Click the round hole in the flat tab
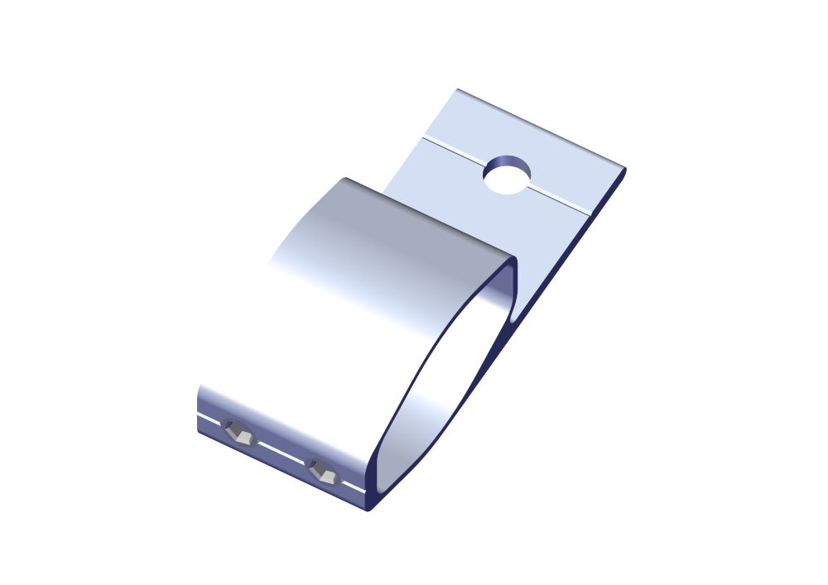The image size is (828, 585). pyautogui.click(x=508, y=175)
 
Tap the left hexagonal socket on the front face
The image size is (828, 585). pyautogui.click(x=241, y=432)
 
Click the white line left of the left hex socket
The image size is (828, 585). pyautogui.click(x=209, y=417)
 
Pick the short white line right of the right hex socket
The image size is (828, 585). pyautogui.click(x=355, y=487)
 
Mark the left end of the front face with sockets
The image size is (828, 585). pyautogui.click(x=201, y=410)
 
